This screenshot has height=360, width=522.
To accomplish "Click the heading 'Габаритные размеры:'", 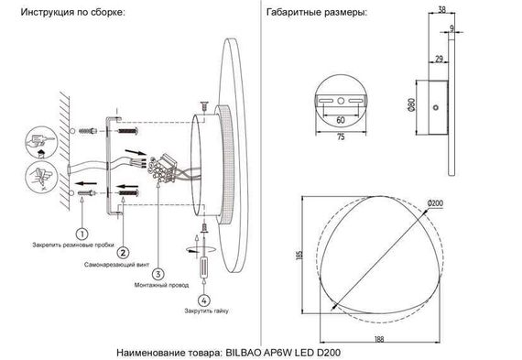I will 315,16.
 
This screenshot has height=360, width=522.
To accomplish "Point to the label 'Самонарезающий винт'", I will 120,264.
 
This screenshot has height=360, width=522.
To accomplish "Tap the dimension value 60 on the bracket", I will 341,120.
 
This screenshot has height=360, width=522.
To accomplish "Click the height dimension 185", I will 299,256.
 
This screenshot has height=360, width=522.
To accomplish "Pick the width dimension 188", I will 378,340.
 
